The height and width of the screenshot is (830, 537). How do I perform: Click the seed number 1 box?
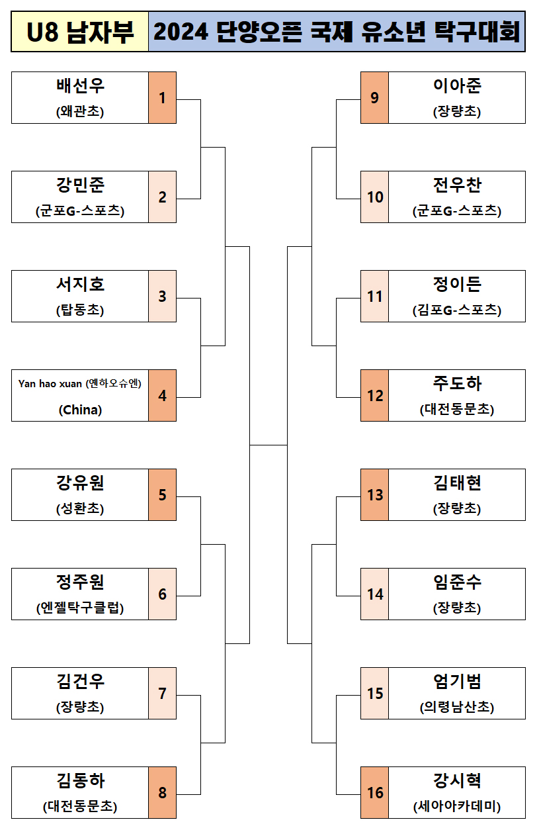pos(162,98)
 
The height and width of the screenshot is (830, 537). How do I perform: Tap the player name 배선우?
pos(80,86)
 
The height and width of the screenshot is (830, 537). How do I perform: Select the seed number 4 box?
pos(162,396)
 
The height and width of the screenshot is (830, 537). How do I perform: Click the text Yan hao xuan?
pos(50,384)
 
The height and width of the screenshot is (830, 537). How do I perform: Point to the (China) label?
pos(80,410)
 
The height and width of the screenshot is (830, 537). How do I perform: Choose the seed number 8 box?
pos(162,793)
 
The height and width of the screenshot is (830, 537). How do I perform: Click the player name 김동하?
pos(80,781)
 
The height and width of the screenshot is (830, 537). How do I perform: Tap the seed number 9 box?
pos(375,98)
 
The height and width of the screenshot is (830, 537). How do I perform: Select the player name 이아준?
pos(457,86)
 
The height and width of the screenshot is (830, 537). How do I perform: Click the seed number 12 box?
pos(375,396)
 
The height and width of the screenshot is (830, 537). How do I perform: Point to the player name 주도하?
pos(457,384)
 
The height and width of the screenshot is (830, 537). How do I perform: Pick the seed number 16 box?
pos(375,793)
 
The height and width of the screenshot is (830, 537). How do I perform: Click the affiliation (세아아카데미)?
pos(457,807)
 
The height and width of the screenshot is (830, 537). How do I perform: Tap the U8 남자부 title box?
pos(80,32)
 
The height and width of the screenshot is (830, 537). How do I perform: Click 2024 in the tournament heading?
pos(181,32)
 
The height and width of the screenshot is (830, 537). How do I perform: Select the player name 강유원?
pos(80,483)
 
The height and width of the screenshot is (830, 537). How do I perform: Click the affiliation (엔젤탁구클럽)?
pos(80,608)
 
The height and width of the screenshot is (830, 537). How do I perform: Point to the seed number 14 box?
pos(375,594)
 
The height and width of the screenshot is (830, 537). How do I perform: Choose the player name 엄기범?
pos(457,682)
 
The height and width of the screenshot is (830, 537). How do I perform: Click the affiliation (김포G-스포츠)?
pos(457,310)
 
